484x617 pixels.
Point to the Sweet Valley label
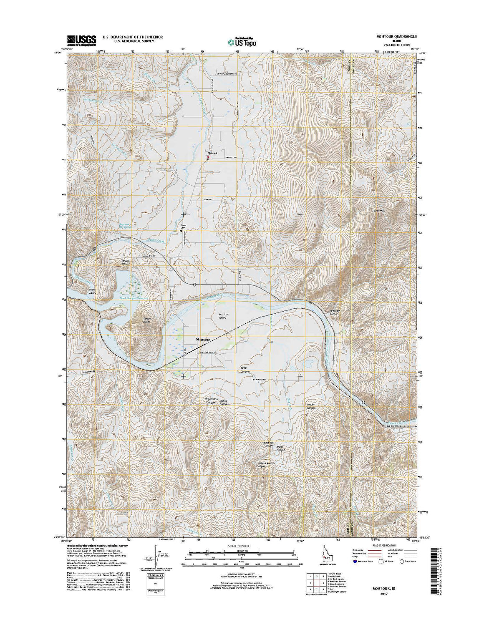click(92, 291)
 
